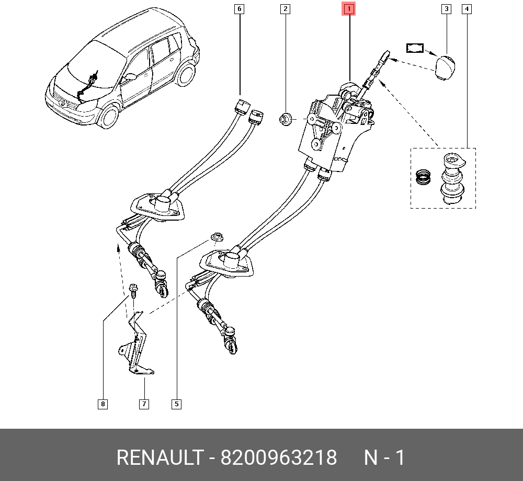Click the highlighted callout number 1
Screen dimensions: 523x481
tap(348, 9)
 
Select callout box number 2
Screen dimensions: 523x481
tap(285, 9)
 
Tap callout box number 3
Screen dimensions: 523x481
tap(446, 9)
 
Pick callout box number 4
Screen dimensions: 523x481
tap(467, 9)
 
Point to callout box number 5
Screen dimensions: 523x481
tap(176, 404)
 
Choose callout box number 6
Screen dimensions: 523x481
tap(239, 9)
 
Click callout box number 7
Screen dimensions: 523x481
tap(144, 404)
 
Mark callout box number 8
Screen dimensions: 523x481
tap(103, 404)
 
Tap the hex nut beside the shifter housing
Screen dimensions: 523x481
tap(286, 119)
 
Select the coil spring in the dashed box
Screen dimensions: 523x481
tap(423, 177)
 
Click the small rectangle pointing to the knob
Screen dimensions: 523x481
tap(415, 48)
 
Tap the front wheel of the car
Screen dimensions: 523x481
tap(110, 116)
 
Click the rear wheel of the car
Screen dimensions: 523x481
tap(186, 75)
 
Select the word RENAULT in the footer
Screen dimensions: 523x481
tap(160, 457)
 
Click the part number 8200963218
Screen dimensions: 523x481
tap(279, 457)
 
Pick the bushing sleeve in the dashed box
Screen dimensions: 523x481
tap(452, 178)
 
